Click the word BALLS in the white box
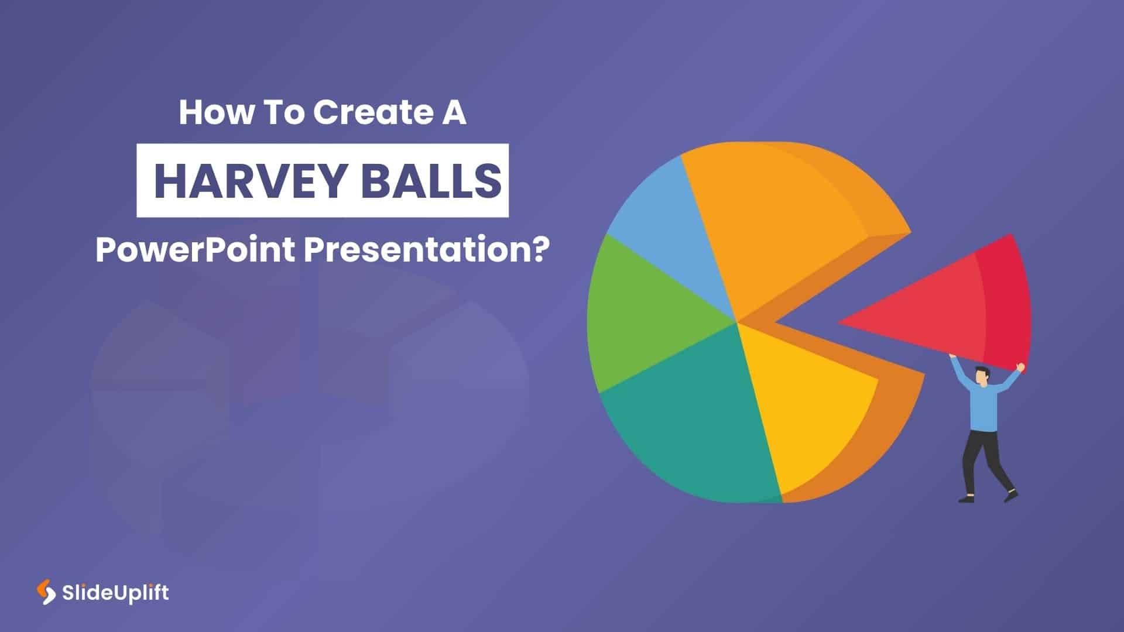point(430,181)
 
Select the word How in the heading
point(214,112)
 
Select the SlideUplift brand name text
point(115,593)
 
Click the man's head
point(982,376)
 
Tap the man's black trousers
point(981,456)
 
